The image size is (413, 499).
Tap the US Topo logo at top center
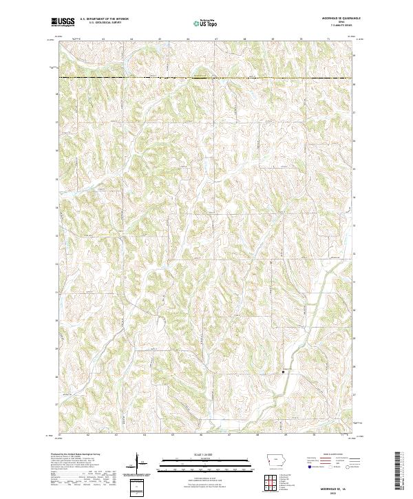[204, 22]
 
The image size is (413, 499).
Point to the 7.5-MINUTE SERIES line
[341, 25]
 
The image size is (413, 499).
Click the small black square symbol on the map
[284, 372]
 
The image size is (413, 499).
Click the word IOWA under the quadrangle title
[340, 22]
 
